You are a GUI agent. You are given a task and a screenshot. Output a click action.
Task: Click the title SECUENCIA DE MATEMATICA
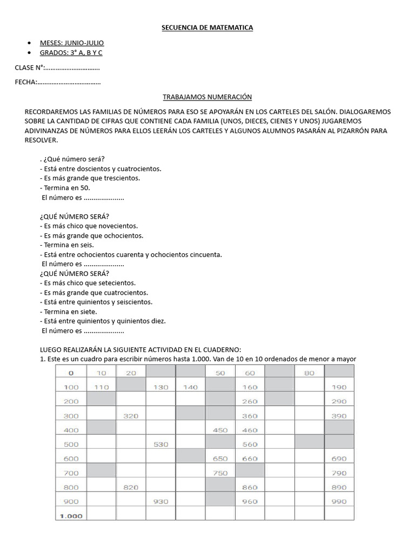pos(207,27)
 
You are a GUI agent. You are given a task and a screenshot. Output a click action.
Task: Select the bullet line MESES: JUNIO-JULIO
pos(72,43)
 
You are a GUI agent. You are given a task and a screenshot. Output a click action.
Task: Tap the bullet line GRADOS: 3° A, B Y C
pos(71,52)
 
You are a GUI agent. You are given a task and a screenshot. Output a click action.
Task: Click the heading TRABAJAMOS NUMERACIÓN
pos(207,97)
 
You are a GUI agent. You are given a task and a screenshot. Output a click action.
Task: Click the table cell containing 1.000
pos(70,516)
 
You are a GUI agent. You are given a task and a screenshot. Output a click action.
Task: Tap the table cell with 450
pos(220,430)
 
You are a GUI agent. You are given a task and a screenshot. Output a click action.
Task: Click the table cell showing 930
pos(160,501)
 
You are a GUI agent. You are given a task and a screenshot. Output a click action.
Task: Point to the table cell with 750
pos(220,473)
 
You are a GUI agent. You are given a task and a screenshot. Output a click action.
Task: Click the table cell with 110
pos(101,387)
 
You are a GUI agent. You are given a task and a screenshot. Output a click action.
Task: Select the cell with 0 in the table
pos(70,373)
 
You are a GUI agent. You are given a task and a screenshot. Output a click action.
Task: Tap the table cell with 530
pos(160,444)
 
